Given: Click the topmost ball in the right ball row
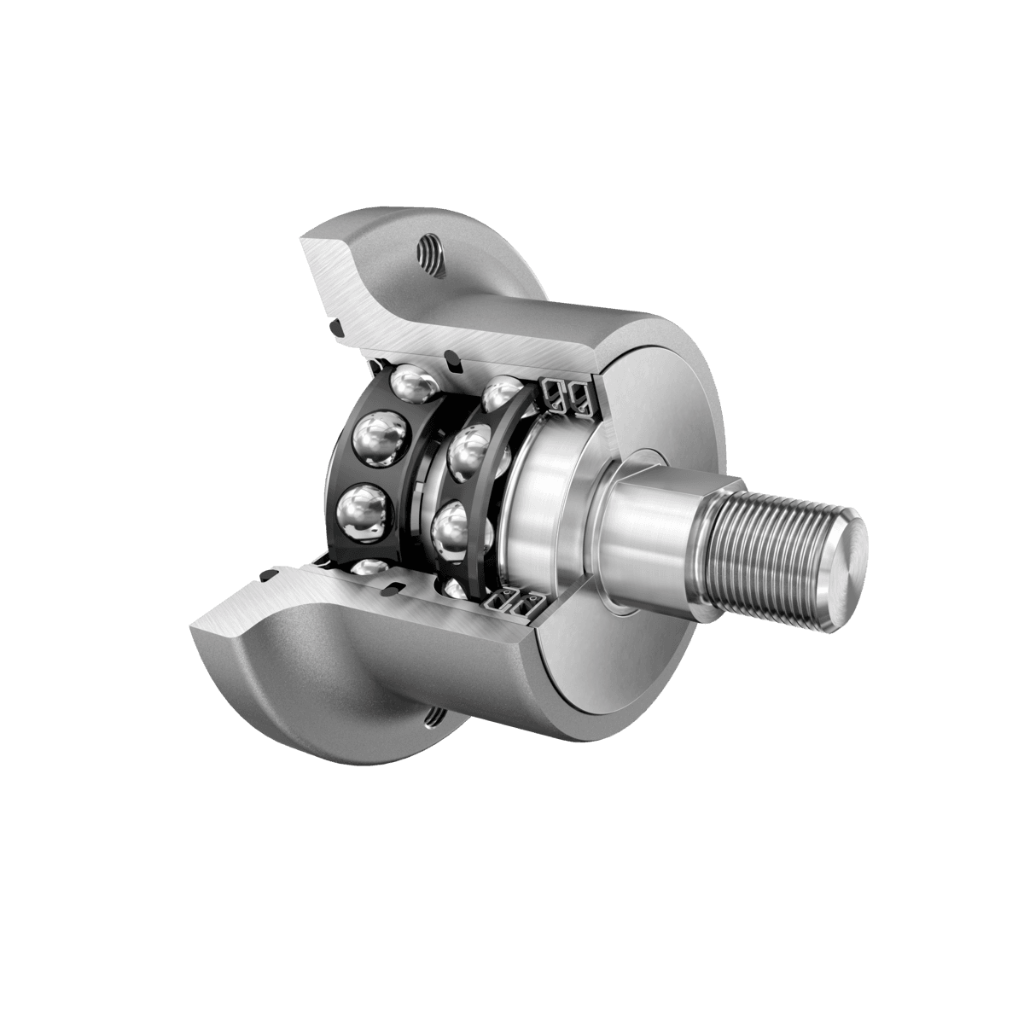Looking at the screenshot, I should pyautogui.click(x=501, y=393).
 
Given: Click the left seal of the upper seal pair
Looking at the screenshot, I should pyautogui.click(x=554, y=394).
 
